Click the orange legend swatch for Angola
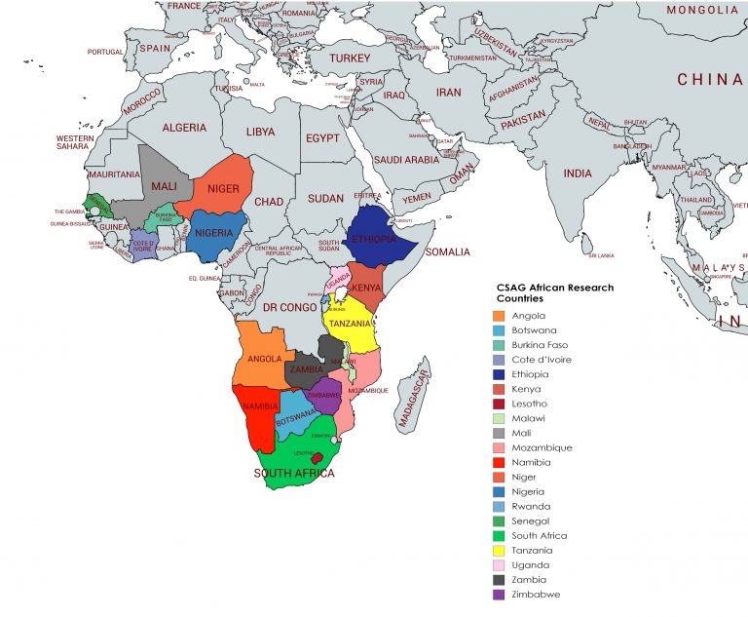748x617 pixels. point(499,316)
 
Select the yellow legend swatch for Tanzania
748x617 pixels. point(499,550)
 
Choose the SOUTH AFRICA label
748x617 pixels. point(294,474)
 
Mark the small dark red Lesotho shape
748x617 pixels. point(317,457)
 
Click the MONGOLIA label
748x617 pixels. point(702,9)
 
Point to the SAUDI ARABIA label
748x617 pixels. point(407,160)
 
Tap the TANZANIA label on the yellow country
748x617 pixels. point(351,324)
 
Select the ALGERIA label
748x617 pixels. point(184,128)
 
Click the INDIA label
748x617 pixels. point(578,174)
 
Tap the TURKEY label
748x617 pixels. point(350,58)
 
